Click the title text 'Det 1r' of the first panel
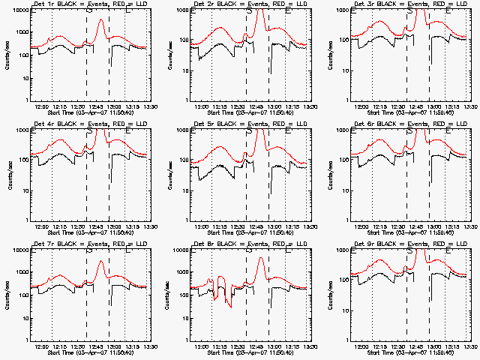tap(41, 4)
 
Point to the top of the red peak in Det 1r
tap(101, 19)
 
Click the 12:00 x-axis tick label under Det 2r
tap(203, 106)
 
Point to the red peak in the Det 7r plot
tap(101, 260)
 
